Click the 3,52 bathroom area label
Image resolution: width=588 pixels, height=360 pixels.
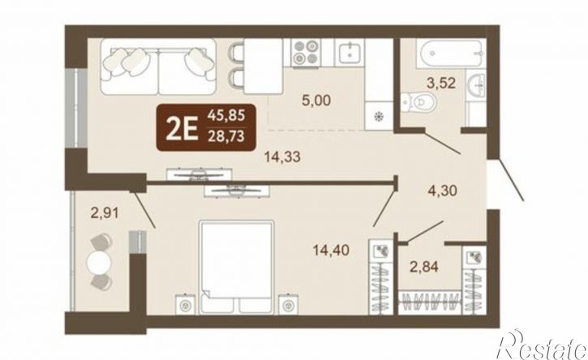point(441,83)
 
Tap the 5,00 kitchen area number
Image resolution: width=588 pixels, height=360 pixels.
point(316,101)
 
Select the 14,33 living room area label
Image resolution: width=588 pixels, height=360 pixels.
point(282,156)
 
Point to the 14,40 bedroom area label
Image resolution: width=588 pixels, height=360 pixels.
point(331,250)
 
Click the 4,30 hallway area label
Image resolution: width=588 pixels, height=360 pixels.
point(443,191)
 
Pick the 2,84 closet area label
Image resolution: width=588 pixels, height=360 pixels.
point(423,267)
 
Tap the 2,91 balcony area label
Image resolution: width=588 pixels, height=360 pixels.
point(105,213)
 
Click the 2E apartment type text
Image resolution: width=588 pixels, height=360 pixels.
point(182,128)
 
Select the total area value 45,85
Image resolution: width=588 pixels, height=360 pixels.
point(226,115)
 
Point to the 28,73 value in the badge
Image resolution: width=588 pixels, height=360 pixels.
point(226,135)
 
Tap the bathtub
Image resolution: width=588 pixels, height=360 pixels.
point(449,54)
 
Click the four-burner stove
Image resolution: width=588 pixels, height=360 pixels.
point(305,53)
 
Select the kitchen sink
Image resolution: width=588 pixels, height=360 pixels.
point(350,52)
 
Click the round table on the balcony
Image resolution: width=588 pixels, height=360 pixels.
point(99,262)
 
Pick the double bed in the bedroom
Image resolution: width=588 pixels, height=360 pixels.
point(236,267)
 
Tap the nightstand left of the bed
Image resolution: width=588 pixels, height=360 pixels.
point(186,305)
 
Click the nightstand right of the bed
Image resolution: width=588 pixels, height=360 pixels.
point(288,305)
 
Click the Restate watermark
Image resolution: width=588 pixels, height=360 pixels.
point(541,345)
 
